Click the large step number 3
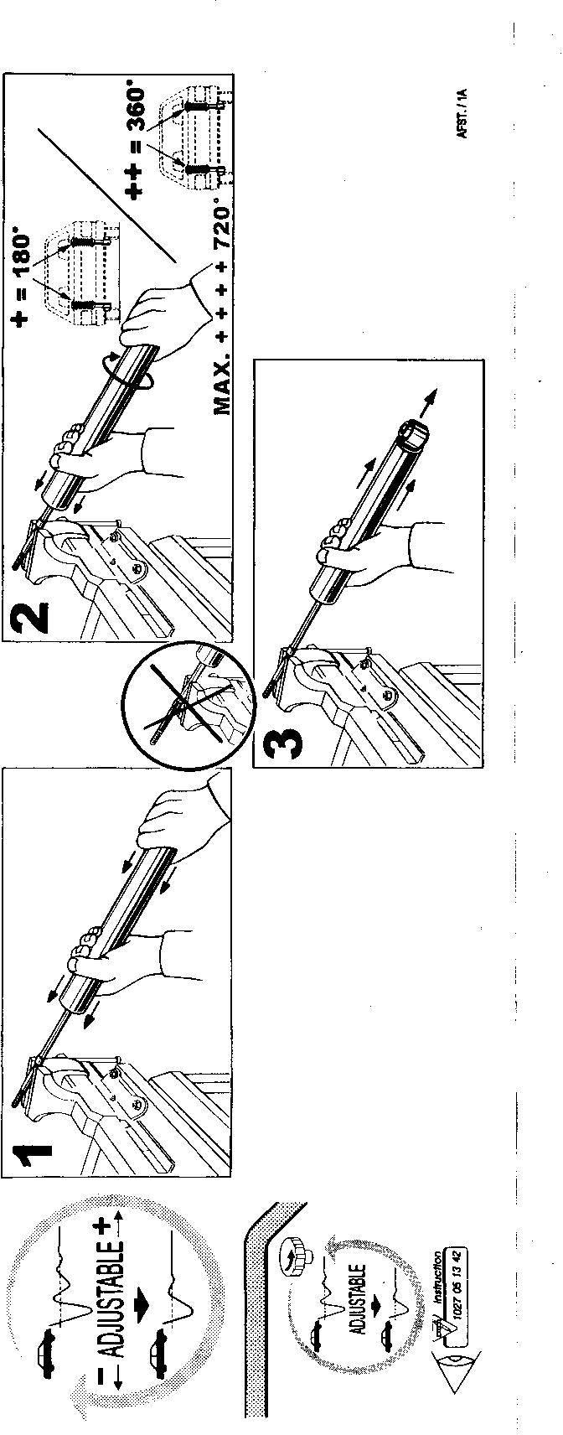point(282,743)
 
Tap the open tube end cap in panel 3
point(412,435)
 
